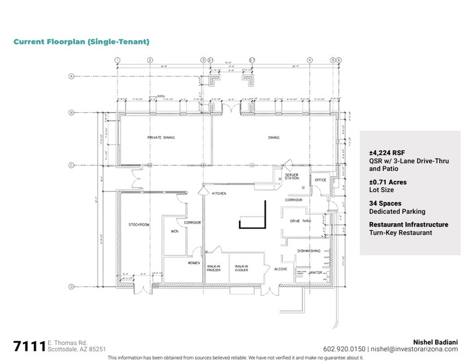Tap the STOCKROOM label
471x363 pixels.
(140, 225)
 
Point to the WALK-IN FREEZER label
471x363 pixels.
(214, 268)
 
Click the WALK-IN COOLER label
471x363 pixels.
(241, 268)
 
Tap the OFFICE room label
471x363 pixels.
(320, 180)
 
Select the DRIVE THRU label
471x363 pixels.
(300, 220)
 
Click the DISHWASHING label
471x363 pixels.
(308, 251)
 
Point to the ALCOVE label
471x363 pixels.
(281, 269)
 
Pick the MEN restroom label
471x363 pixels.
(175, 232)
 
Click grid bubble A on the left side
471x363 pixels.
(72, 77)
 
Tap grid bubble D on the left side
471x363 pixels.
(72, 286)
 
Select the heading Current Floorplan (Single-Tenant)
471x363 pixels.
(81, 42)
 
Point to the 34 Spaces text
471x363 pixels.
(385, 203)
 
